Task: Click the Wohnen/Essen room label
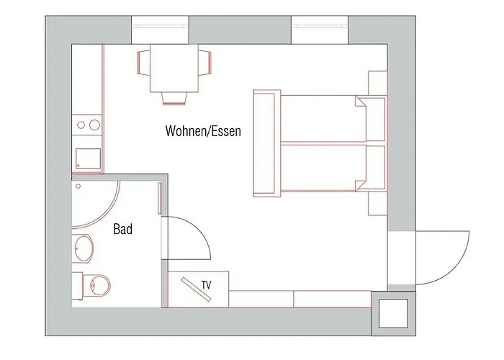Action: tap(203, 131)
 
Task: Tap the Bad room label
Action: tap(123, 229)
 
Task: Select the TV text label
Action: tap(207, 285)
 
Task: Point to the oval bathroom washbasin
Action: tap(84, 248)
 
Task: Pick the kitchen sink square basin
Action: tap(88, 159)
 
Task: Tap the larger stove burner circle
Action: tap(94, 125)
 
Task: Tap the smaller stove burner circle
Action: tap(81, 125)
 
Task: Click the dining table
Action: tap(174, 68)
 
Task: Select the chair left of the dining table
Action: tap(143, 63)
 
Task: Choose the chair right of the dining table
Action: tap(204, 63)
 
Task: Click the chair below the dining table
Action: tap(174, 99)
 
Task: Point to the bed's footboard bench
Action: tap(267, 143)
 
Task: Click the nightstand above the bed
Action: tap(377, 83)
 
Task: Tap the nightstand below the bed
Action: tap(377, 204)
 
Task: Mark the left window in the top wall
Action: tap(160, 30)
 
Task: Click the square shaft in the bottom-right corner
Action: tap(393, 313)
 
